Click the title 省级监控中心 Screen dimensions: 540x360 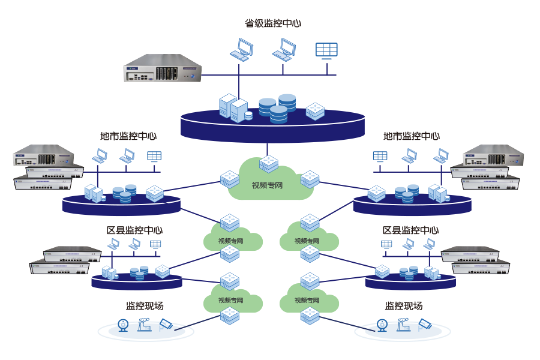273,23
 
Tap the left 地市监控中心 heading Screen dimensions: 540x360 128,136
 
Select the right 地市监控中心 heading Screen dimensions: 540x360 412,136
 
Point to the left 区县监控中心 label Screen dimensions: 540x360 134,230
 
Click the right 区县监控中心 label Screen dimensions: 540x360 410,230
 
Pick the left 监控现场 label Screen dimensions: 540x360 145,306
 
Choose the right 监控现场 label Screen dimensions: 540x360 404,306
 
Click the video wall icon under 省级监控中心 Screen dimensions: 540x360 326,50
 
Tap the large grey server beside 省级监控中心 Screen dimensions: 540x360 162,68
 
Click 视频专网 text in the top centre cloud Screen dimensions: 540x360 267,185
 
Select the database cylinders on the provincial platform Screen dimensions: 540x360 278,108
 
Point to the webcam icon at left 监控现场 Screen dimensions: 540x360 123,325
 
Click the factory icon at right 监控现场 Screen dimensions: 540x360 404,325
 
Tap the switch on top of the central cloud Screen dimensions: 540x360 269,163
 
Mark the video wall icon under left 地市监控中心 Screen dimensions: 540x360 154,156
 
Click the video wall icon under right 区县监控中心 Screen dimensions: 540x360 386,244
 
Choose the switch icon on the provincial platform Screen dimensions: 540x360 315,111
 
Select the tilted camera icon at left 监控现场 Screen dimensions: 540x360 166,324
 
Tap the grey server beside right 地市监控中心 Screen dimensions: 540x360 493,155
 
